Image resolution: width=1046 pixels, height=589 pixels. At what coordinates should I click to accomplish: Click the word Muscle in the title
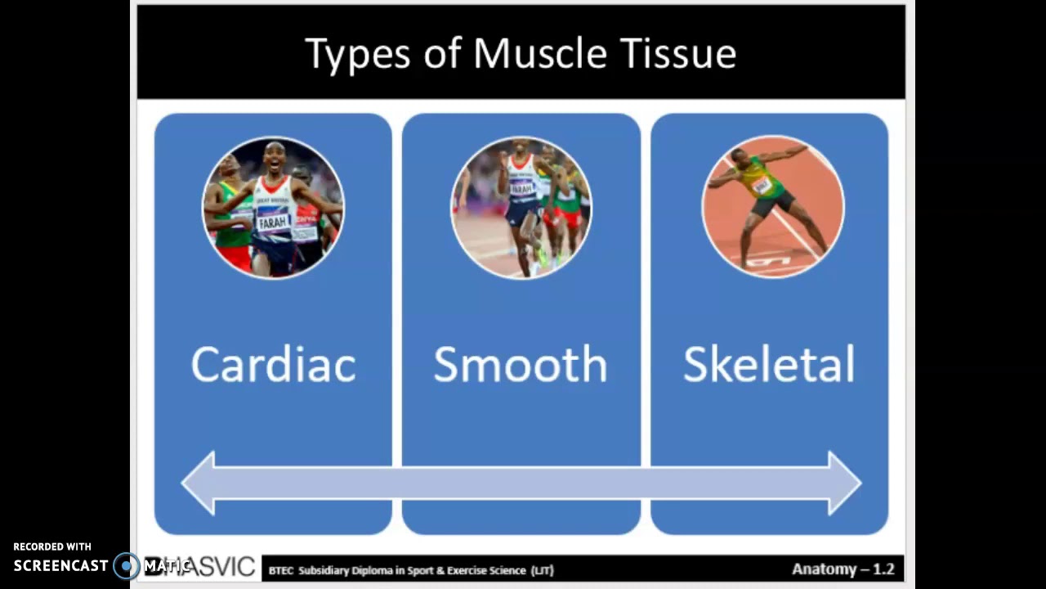(539, 53)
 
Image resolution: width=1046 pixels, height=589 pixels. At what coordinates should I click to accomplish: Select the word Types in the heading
(358, 55)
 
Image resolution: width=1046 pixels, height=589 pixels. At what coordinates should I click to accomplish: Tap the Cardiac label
(273, 365)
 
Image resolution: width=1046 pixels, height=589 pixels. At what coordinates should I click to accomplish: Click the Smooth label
(521, 365)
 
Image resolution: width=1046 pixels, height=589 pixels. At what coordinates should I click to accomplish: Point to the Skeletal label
(768, 365)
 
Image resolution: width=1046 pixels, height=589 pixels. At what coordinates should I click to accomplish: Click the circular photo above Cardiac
(273, 208)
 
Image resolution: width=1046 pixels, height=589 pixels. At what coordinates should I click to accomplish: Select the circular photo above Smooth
(521, 208)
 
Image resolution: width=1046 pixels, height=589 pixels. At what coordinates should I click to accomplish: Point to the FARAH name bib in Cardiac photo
(273, 222)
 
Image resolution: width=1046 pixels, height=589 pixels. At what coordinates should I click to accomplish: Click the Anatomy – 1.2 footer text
(843, 569)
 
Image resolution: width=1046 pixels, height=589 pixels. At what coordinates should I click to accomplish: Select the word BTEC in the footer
(281, 570)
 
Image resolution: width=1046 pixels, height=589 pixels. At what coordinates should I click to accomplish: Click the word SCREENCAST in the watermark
(60, 565)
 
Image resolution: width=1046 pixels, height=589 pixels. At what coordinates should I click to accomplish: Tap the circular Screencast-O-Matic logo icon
(127, 565)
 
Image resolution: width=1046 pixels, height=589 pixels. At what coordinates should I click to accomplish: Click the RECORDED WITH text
(52, 546)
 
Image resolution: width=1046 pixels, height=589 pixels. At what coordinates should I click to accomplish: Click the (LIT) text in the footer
(542, 570)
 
